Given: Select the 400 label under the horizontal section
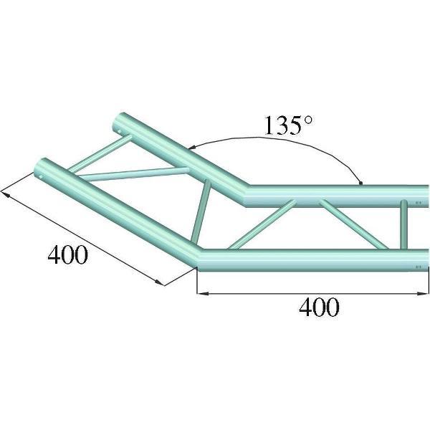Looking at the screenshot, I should tap(318, 307).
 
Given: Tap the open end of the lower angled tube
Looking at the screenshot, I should tap(41, 168).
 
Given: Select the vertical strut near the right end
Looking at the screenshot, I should tap(404, 226).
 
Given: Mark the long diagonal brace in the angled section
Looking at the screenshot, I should tap(133, 172).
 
